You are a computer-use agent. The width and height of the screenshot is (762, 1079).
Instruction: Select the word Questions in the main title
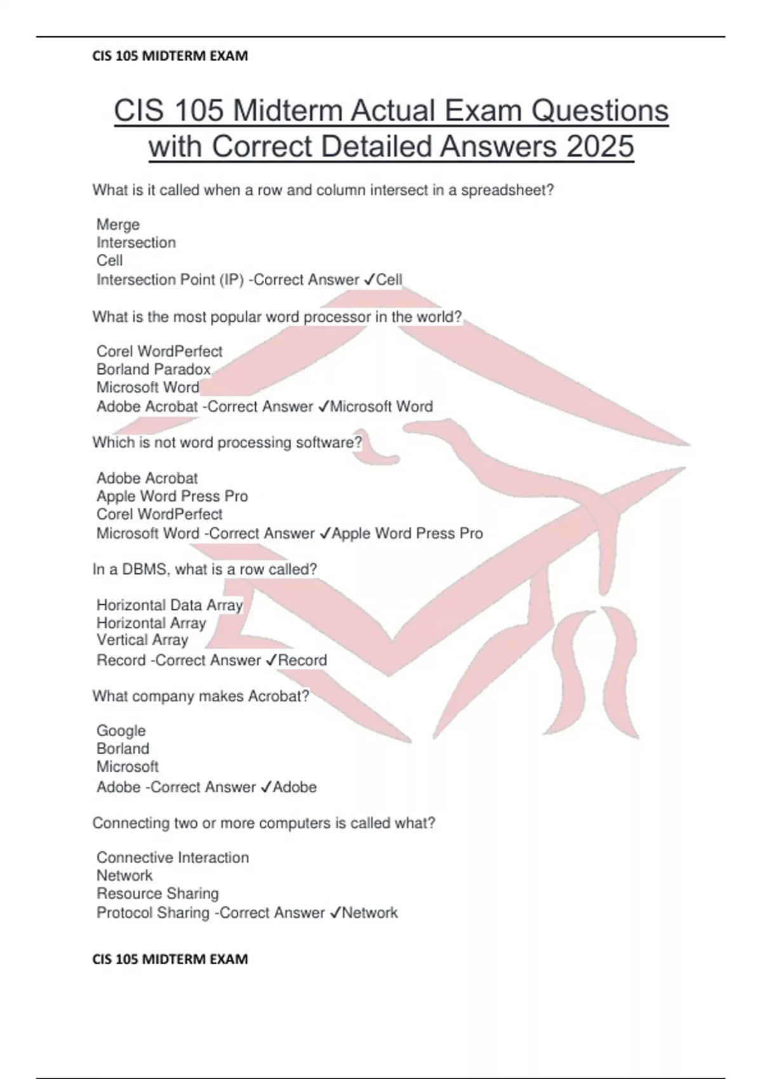(x=599, y=110)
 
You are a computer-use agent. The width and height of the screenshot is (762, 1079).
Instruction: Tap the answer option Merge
(x=118, y=225)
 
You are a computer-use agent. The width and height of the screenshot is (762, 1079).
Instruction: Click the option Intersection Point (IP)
(x=170, y=280)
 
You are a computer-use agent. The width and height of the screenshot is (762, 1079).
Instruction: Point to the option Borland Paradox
(x=154, y=369)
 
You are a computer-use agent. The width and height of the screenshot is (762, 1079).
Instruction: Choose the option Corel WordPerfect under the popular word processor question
(x=159, y=352)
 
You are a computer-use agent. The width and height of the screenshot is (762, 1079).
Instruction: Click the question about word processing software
(x=227, y=442)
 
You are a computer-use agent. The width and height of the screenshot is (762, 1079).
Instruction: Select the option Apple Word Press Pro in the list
(x=172, y=496)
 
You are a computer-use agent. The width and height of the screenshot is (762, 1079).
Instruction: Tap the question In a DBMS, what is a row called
(x=204, y=569)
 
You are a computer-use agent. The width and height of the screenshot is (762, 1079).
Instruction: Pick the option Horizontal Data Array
(x=170, y=605)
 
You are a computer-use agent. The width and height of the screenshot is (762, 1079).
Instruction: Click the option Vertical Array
(x=142, y=640)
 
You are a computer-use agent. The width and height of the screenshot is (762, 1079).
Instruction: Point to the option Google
(x=121, y=731)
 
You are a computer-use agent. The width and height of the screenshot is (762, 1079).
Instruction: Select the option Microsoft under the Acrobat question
(x=128, y=767)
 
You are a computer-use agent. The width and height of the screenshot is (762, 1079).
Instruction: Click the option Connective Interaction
(x=173, y=857)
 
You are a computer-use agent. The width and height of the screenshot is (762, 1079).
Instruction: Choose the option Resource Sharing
(x=157, y=894)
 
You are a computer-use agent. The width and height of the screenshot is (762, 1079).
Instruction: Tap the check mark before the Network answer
(x=335, y=913)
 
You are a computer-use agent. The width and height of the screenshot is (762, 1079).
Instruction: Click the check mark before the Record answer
(x=271, y=660)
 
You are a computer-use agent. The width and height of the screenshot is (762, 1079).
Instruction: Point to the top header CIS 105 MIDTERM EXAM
(x=170, y=56)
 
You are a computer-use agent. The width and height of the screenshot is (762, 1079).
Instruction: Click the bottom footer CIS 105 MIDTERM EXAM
(x=170, y=959)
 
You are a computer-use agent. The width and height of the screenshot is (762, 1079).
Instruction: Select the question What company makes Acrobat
(x=201, y=696)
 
